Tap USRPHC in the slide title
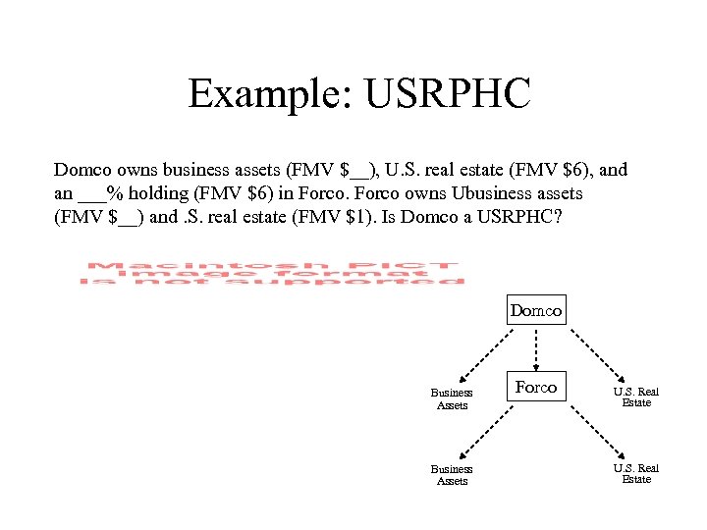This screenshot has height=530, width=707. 447,94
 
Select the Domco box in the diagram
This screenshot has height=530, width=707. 536,311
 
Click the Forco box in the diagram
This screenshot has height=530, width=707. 536,388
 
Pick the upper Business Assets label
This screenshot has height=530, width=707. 452,398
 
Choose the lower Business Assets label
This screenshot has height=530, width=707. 452,475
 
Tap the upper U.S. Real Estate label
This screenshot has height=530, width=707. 636,397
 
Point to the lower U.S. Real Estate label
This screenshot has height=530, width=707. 636,473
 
